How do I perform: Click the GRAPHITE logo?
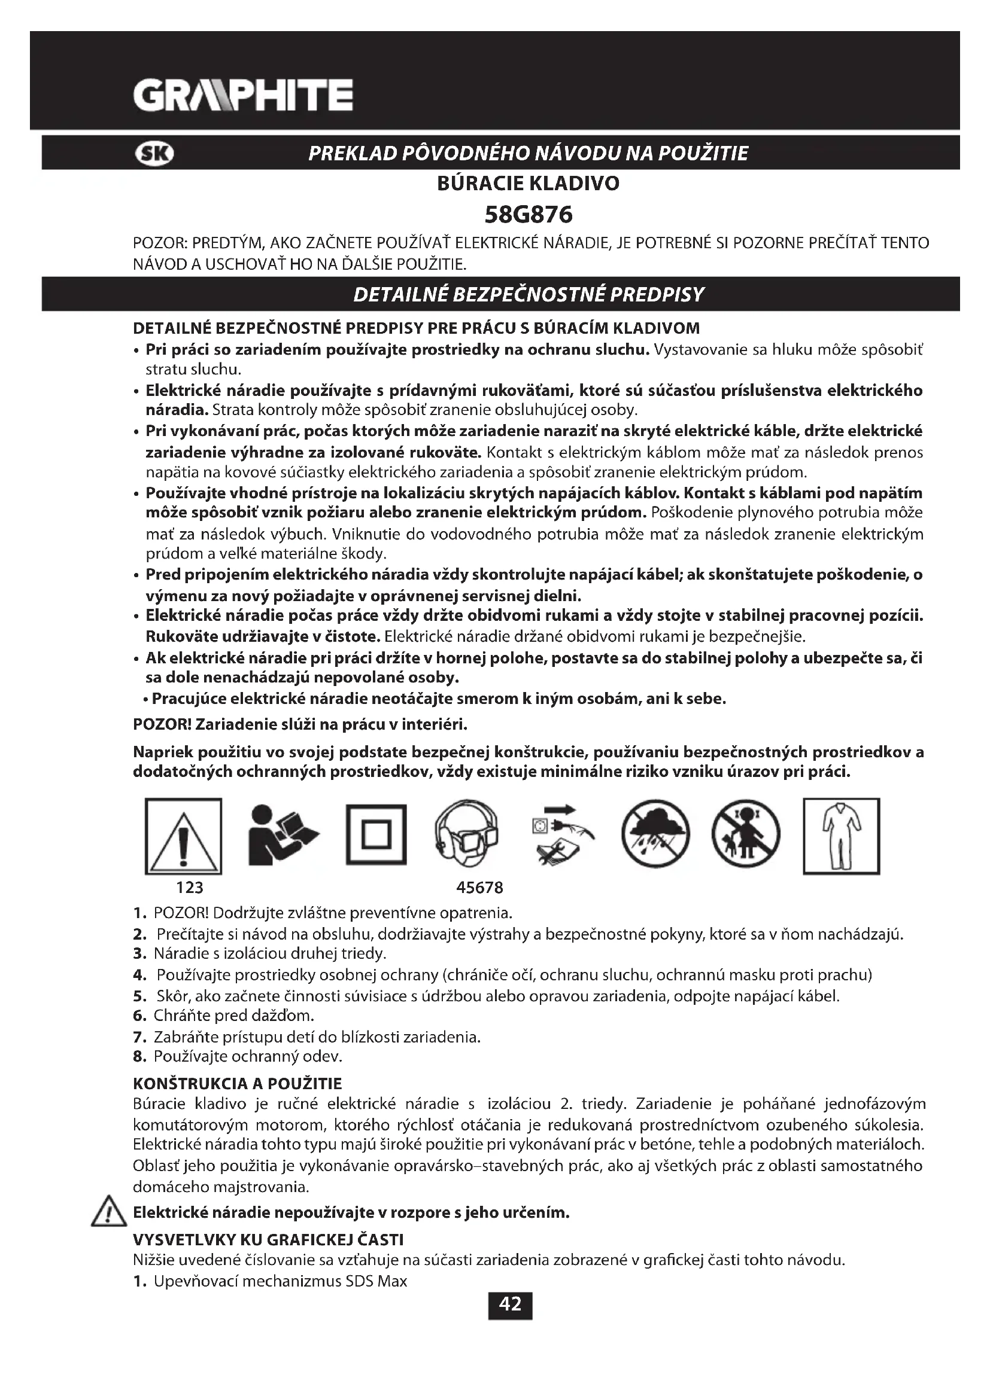tap(242, 95)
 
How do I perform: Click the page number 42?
tap(509, 1305)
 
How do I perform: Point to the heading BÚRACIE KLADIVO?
tap(528, 184)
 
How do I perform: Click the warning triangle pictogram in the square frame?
tap(184, 836)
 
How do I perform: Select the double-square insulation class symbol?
tap(376, 835)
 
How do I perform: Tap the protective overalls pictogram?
tap(841, 836)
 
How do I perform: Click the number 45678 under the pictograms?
tap(480, 888)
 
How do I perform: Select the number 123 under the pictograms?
tap(189, 888)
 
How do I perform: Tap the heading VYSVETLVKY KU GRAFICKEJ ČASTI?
tap(268, 1240)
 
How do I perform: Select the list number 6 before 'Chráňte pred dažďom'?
tap(139, 1016)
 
